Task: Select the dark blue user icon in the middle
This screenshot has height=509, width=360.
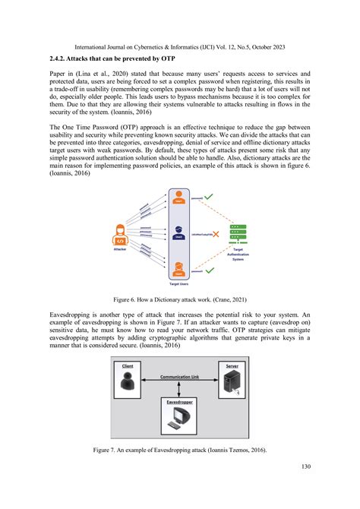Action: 178,232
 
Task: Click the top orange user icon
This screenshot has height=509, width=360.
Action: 178,197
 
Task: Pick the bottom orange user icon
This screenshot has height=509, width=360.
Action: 178,268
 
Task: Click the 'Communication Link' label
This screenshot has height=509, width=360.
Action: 180,376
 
